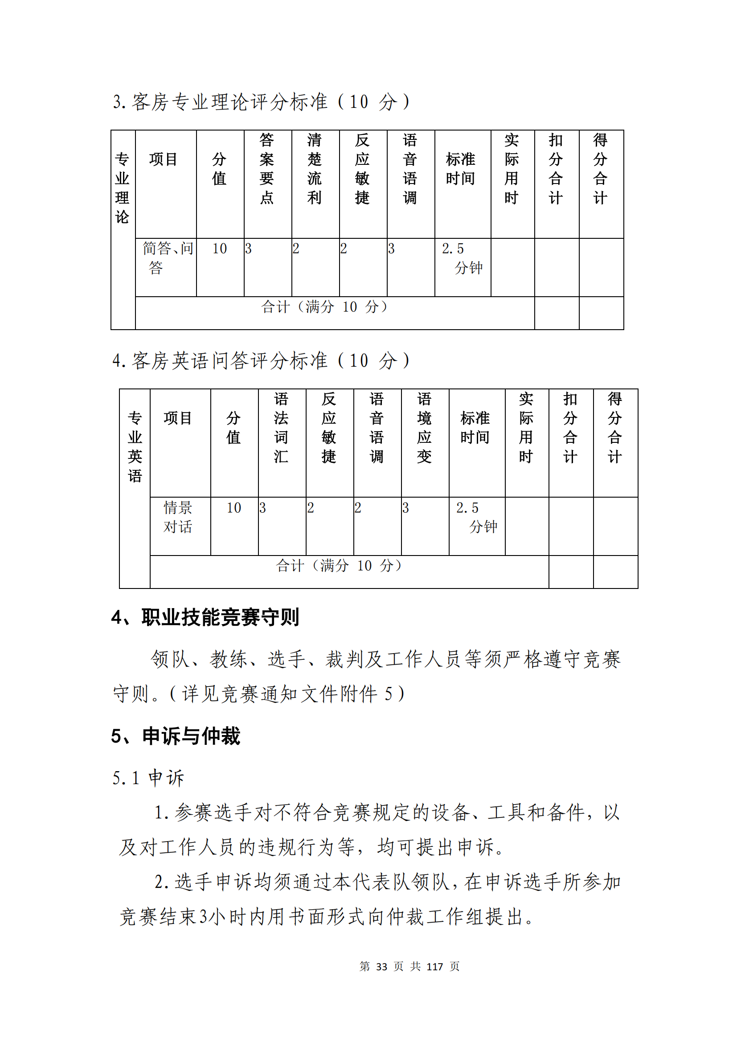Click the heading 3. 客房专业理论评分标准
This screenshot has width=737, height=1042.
[x=261, y=102]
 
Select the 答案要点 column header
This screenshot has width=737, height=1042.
[x=267, y=169]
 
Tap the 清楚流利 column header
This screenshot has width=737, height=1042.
[x=315, y=169]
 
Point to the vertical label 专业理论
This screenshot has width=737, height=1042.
[x=123, y=188]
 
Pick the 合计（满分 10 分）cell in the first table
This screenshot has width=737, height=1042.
[x=324, y=307]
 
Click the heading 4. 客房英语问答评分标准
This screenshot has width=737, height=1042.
[x=261, y=360]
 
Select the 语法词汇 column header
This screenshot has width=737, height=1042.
[x=281, y=428]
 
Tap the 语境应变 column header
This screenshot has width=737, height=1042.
[x=424, y=428]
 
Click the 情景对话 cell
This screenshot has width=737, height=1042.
[x=178, y=517]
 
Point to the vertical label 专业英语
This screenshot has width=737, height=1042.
[x=135, y=446]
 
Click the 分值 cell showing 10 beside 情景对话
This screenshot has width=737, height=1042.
[x=234, y=508]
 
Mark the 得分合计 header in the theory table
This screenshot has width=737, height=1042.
[x=600, y=169]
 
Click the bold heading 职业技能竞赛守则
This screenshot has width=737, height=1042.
[x=220, y=617]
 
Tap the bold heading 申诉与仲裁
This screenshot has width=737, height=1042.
[x=191, y=736]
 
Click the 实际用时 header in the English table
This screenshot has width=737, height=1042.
[x=526, y=428]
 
